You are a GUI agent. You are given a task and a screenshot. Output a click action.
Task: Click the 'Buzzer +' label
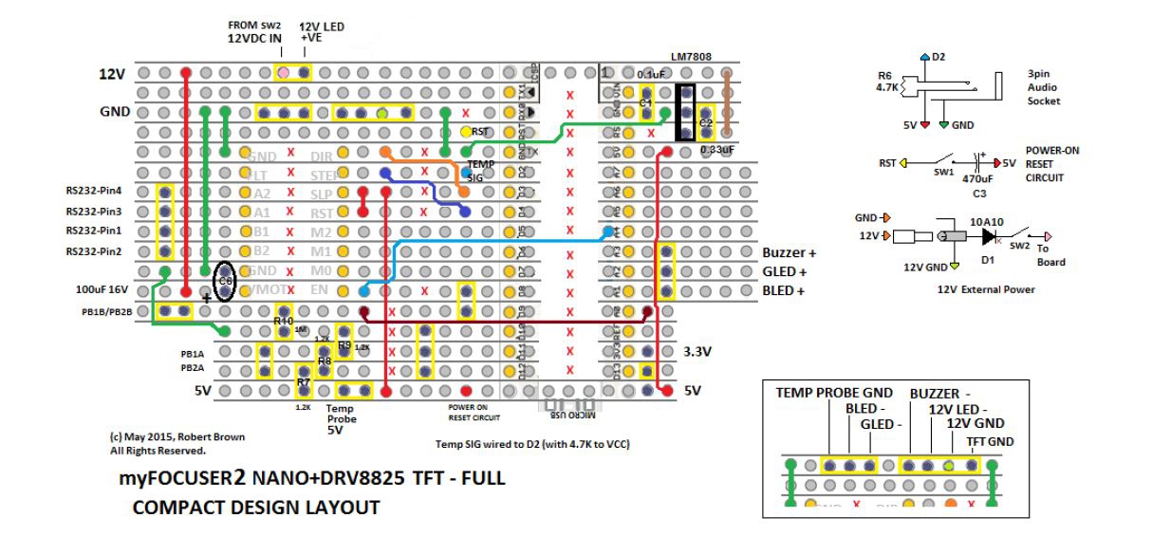pos(789,253)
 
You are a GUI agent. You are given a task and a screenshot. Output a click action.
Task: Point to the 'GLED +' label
pos(784,272)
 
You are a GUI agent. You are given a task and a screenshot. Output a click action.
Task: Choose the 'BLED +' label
pos(784,291)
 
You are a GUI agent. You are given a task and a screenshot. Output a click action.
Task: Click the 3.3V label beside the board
pos(697,351)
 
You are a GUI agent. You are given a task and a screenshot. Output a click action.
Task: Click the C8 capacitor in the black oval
pos(225,282)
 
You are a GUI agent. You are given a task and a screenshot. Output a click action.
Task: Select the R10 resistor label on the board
pos(283,322)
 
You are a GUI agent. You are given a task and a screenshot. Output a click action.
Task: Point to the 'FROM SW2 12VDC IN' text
pos(254,31)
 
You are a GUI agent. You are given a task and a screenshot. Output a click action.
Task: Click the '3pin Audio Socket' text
pos(1044,87)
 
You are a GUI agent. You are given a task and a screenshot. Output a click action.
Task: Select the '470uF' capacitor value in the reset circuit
pos(976,178)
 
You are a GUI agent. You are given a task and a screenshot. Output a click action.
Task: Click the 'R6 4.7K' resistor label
pos(889,81)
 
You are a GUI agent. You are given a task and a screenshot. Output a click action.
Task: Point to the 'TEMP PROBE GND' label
pos(834,393)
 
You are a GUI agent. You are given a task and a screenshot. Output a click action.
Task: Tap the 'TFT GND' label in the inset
pos(990,441)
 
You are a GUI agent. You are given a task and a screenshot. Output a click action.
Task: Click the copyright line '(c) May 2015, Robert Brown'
pos(177,437)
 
